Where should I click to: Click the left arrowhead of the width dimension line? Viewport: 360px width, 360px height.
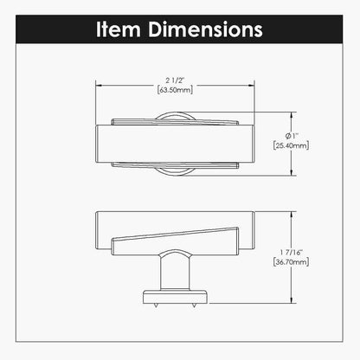click(96, 85)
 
